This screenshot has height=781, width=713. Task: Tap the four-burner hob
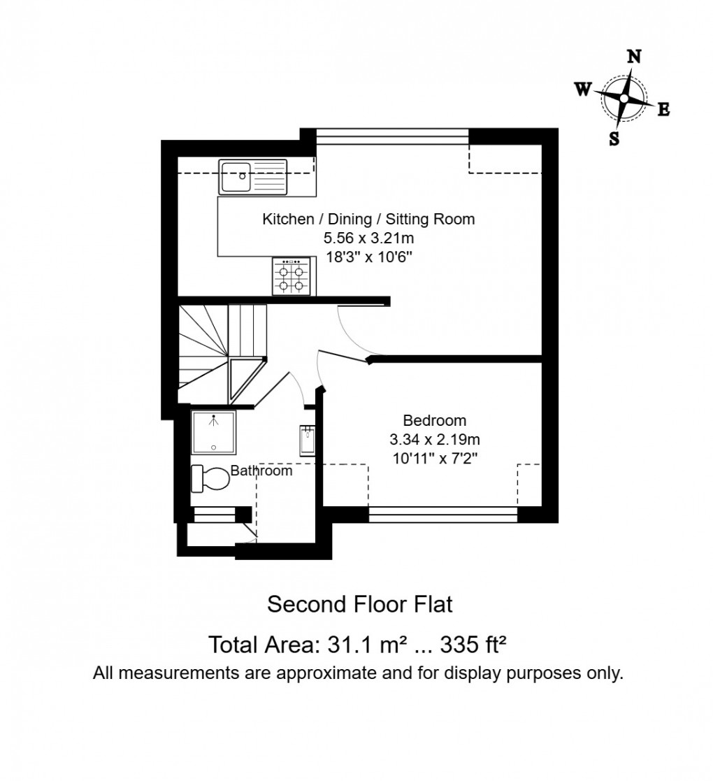click(x=291, y=275)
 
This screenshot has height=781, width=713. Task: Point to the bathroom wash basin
click(x=308, y=440)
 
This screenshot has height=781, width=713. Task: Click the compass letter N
click(x=634, y=57)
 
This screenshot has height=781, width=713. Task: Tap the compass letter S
click(x=614, y=138)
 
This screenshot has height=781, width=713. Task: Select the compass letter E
click(x=664, y=109)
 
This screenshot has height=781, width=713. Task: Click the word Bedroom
click(x=434, y=421)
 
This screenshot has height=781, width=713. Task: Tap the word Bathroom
click(x=261, y=471)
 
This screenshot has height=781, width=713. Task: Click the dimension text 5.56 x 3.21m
click(x=368, y=238)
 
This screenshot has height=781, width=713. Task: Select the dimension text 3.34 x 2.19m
click(x=434, y=440)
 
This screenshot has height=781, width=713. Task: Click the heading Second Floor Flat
click(x=360, y=604)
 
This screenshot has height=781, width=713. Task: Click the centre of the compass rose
click(x=624, y=99)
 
